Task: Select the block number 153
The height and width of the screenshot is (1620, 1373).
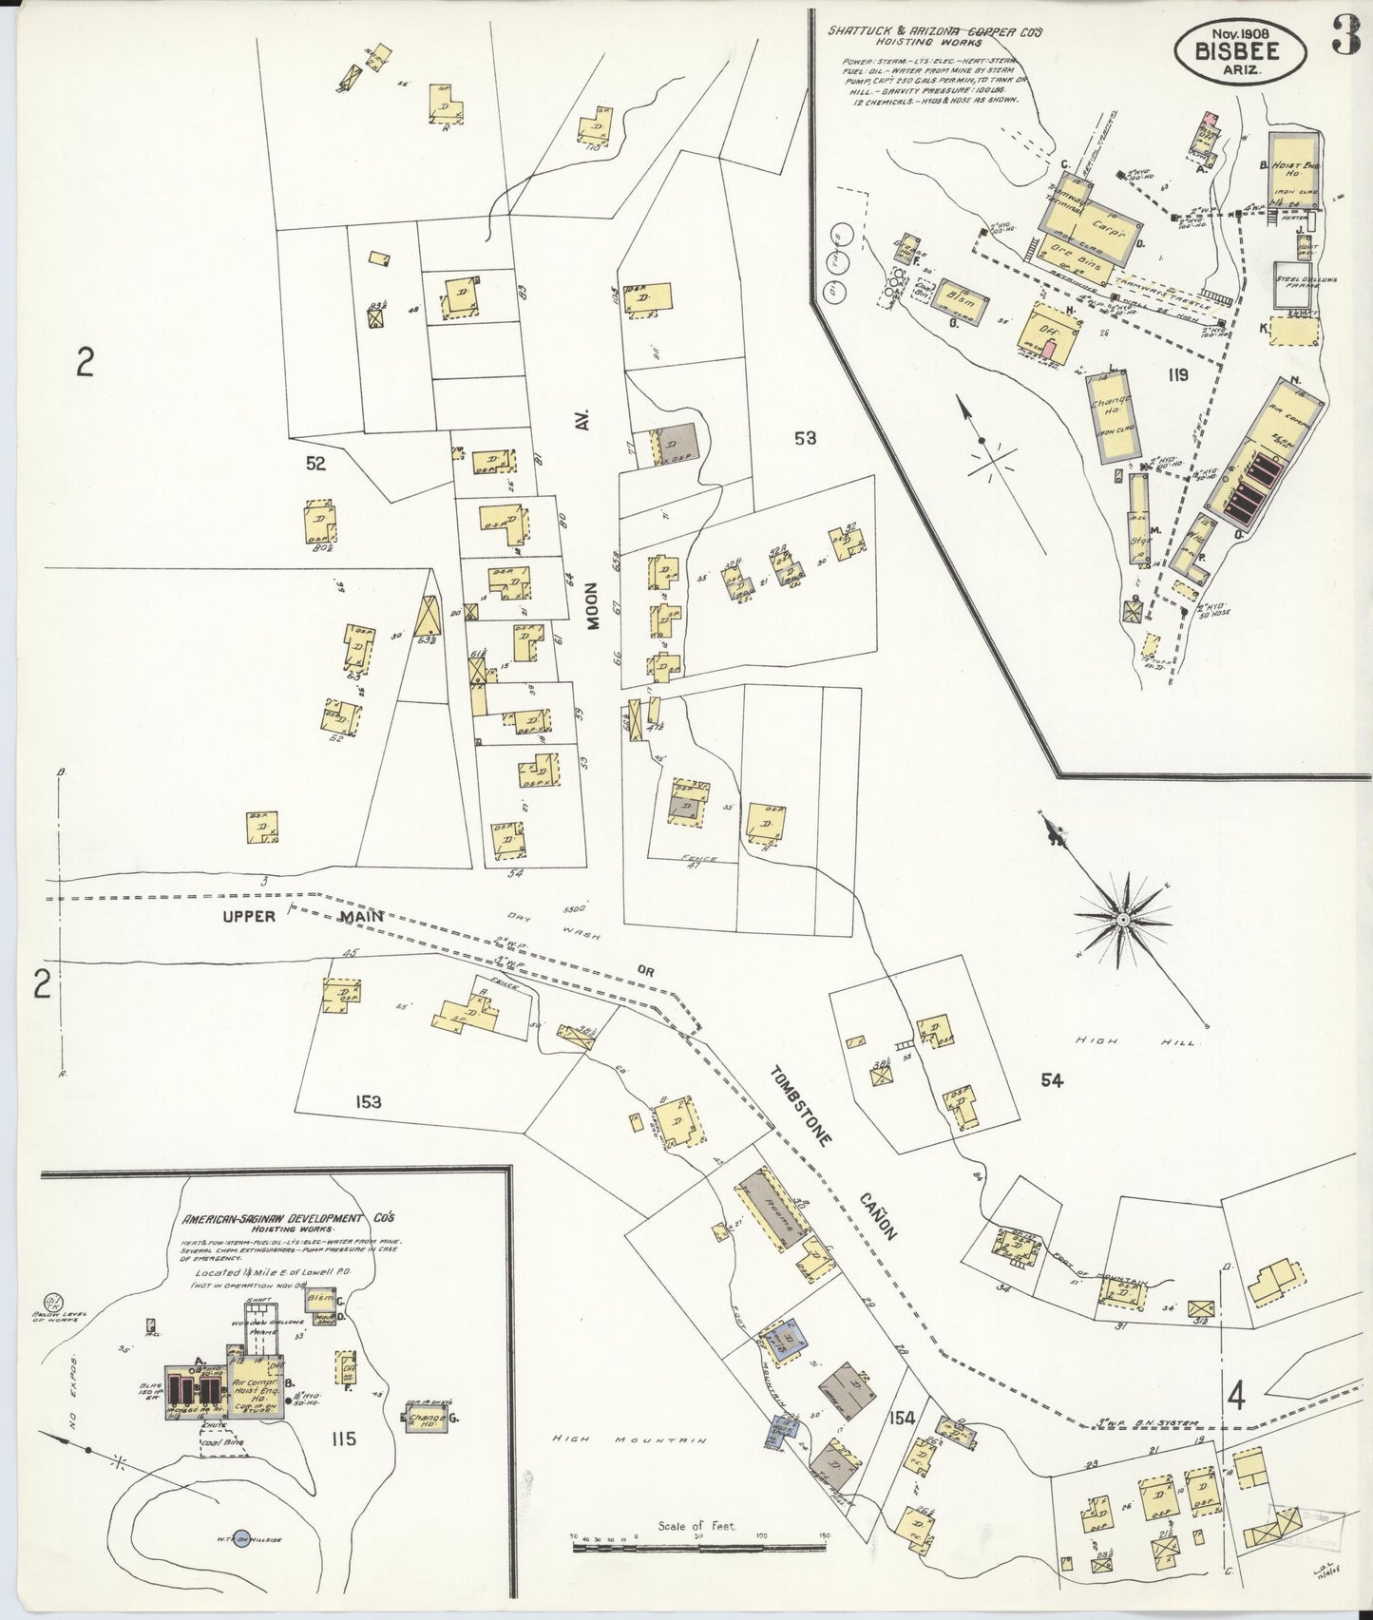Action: tap(368, 1102)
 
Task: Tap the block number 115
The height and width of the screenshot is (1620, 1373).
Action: tap(343, 1439)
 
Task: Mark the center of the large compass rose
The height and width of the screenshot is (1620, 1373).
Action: tap(1122, 920)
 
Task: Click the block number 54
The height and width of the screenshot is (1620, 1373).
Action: tap(1051, 1079)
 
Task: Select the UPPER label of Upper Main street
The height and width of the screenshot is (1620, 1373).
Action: tap(248, 916)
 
